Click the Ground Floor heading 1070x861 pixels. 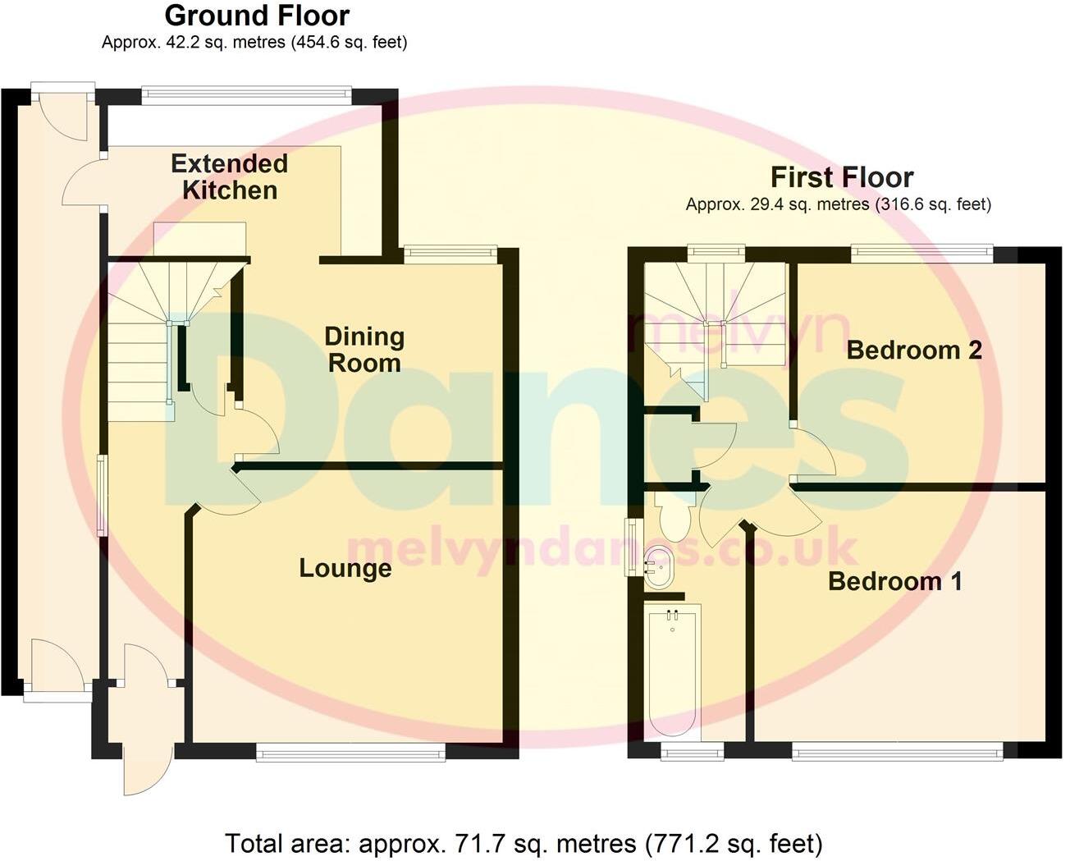(257, 16)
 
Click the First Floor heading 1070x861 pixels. (841, 177)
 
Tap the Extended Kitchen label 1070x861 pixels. (230, 176)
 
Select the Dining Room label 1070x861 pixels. (364, 350)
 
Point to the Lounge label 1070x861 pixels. (345, 568)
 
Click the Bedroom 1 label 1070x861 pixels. (894, 581)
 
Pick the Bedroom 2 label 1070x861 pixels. (914, 350)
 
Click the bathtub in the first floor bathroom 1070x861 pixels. (673, 669)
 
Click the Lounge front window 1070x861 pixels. (350, 751)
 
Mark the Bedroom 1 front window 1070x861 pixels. (897, 750)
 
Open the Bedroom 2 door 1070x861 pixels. (814, 451)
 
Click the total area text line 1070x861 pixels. (524, 842)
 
